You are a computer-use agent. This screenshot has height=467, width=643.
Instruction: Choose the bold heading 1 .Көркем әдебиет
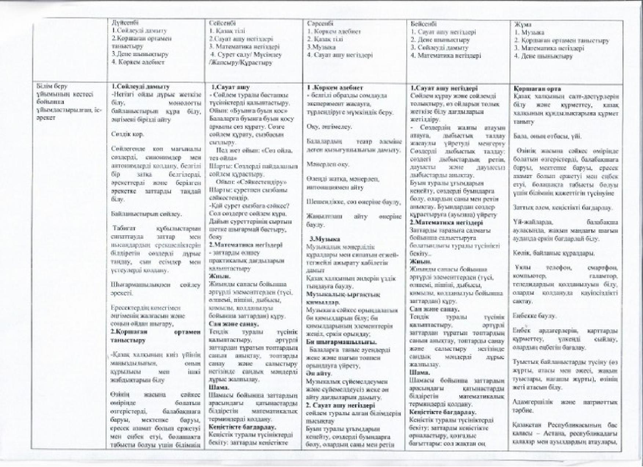pyautogui.click(x=335, y=88)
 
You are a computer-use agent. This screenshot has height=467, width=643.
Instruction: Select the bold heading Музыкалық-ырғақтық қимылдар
pyautogui.click(x=343, y=298)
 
